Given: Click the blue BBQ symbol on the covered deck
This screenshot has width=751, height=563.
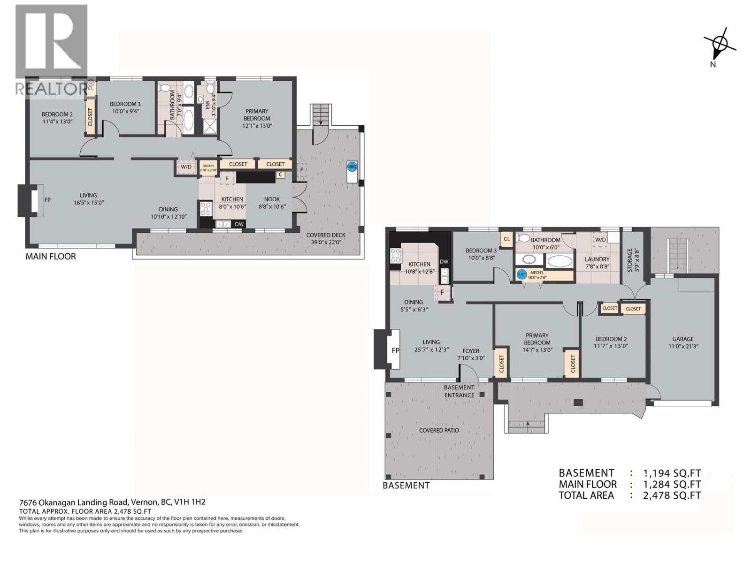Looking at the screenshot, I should [352, 166].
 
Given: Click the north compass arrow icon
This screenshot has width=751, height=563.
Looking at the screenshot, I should [721, 45].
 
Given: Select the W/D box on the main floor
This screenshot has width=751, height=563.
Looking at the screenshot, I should [186, 167].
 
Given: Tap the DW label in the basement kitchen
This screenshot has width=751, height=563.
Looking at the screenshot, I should [444, 262].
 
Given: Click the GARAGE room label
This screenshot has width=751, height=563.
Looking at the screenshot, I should [682, 339].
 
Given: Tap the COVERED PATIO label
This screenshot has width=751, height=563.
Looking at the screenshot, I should [439, 430].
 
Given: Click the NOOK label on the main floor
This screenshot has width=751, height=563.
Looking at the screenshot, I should [272, 199].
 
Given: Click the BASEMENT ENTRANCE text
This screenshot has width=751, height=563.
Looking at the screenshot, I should [459, 391].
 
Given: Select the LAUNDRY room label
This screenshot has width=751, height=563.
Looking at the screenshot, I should [597, 259].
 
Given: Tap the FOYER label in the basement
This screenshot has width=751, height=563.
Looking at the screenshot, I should [471, 351].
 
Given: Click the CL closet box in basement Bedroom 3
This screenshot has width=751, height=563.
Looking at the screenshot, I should [506, 239].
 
